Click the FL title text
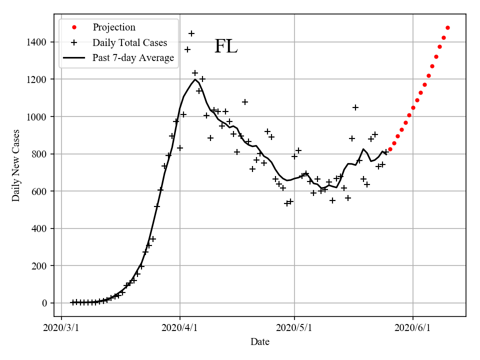pyautogui.click(x=226, y=46)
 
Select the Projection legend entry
pyautogui.click(x=114, y=27)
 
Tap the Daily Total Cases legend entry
pyautogui.click(x=129, y=42)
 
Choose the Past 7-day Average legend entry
pyautogui.click(x=133, y=57)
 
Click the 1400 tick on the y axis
pyautogui.click(x=38, y=42)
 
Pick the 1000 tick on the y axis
pyautogui.click(x=38, y=116)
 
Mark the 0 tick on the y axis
pyautogui.click(x=45, y=303)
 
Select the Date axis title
pyautogui.click(x=260, y=342)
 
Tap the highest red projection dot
pyautogui.click(x=447, y=27)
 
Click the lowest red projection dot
pyautogui.click(x=390, y=149)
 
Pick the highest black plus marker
pyautogui.click(x=191, y=33)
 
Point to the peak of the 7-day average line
pyautogui.click(x=195, y=79)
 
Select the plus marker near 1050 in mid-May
pyautogui.click(x=355, y=107)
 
